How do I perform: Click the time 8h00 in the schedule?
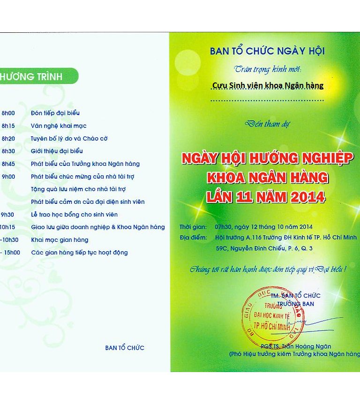(x=8, y=113)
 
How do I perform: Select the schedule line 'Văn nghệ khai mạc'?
(x=59, y=126)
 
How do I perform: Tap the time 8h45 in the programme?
(x=8, y=164)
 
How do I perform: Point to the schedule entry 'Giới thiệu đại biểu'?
(x=57, y=151)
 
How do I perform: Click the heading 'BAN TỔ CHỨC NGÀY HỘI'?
(x=267, y=51)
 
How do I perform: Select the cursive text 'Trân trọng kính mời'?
(x=268, y=69)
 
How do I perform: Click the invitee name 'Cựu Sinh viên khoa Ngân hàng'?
(x=268, y=85)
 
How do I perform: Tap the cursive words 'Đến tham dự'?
(x=268, y=124)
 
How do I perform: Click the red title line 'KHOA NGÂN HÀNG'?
(x=268, y=177)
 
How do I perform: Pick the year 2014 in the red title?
(x=305, y=197)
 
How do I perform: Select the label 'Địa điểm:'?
(x=193, y=237)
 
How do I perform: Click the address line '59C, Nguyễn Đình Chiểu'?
(x=263, y=248)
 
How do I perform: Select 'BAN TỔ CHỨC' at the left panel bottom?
(x=125, y=348)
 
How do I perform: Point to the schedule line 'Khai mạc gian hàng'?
(x=60, y=239)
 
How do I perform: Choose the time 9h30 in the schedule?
(x=8, y=215)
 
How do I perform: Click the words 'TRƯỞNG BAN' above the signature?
(x=295, y=304)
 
